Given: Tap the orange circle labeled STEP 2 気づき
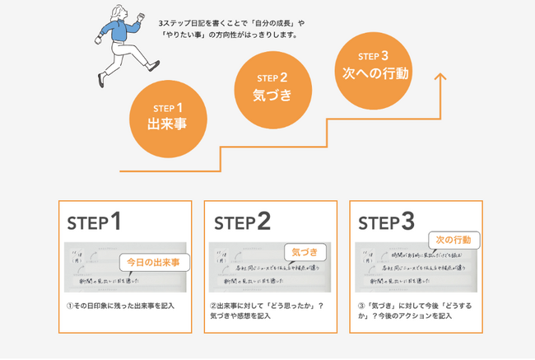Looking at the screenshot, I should (272, 86).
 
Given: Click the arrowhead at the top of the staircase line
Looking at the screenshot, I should (440, 77).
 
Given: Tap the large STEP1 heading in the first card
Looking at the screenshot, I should (95, 222).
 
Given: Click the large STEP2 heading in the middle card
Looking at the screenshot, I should (242, 222).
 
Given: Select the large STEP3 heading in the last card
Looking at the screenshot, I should (386, 222).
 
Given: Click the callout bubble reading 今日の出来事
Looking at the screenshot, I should (152, 262).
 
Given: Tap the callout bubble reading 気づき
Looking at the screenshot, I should (305, 250).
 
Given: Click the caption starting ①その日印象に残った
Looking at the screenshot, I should (122, 306).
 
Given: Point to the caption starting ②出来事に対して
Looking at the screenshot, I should (266, 311).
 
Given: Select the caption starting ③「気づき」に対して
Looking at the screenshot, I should (414, 311).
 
